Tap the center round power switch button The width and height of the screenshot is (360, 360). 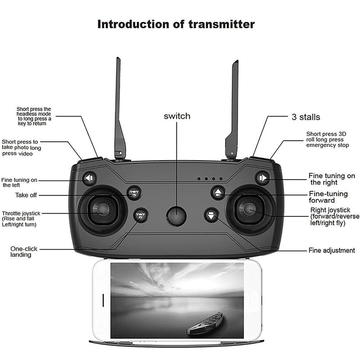point(176,216)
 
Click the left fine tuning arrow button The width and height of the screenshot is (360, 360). point(90,179)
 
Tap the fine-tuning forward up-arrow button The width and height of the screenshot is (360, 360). point(218,193)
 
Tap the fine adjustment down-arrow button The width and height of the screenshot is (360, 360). point(211,215)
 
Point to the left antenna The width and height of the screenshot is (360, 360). point(119,108)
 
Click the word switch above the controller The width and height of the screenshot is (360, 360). point(177,117)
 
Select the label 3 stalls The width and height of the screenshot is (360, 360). point(306,117)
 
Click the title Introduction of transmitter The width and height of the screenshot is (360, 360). point(176,24)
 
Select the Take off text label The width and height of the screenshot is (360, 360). point(26,195)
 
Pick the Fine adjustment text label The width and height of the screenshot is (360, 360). point(332,251)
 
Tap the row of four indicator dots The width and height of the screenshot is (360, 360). point(210,179)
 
